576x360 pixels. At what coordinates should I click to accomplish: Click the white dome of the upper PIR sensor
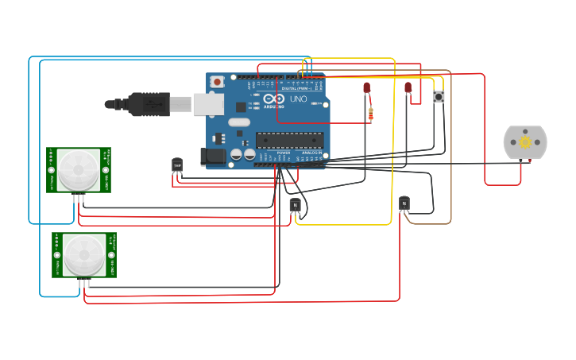(78, 168)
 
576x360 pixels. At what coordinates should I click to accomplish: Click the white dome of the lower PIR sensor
(83, 254)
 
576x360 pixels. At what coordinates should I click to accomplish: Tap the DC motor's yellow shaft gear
(525, 142)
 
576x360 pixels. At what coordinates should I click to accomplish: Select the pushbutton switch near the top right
(439, 97)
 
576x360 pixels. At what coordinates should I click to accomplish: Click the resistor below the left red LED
(371, 114)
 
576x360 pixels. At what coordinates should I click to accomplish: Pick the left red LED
(366, 87)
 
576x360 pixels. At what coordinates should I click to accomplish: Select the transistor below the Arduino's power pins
(295, 205)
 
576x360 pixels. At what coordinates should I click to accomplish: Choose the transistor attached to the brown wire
(404, 203)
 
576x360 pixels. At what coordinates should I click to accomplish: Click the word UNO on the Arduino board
(298, 99)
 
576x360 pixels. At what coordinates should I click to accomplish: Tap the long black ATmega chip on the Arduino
(289, 140)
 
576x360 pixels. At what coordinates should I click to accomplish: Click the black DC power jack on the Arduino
(214, 157)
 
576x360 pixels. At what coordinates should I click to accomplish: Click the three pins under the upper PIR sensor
(78, 197)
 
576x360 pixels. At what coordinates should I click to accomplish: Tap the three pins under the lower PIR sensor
(83, 282)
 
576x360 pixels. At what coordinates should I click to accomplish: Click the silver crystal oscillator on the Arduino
(238, 122)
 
